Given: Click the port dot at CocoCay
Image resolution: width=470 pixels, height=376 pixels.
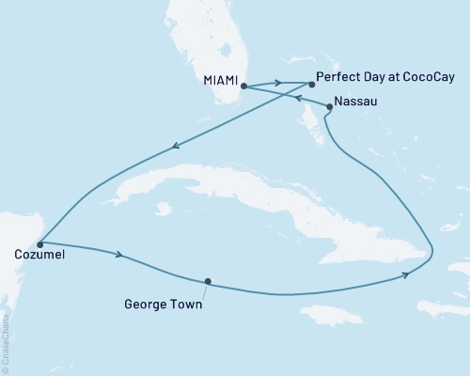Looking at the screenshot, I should click(311, 83).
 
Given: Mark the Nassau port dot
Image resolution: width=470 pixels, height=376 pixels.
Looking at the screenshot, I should click(328, 107).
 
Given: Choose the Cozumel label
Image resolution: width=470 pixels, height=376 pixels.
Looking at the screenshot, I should click(41, 254).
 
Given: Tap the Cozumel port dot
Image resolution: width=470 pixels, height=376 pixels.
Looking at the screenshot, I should click(39, 244).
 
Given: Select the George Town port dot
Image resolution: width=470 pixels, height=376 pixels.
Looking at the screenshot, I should click(207, 280).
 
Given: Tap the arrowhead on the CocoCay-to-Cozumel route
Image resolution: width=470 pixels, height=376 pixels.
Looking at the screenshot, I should click(175, 146).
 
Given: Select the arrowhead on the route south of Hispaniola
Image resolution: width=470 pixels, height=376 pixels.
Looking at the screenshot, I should click(405, 274).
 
